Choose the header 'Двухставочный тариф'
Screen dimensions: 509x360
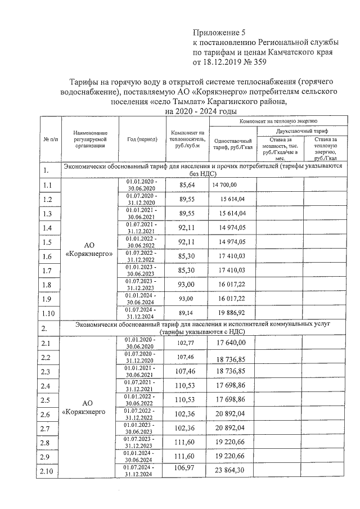click(304, 130)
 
